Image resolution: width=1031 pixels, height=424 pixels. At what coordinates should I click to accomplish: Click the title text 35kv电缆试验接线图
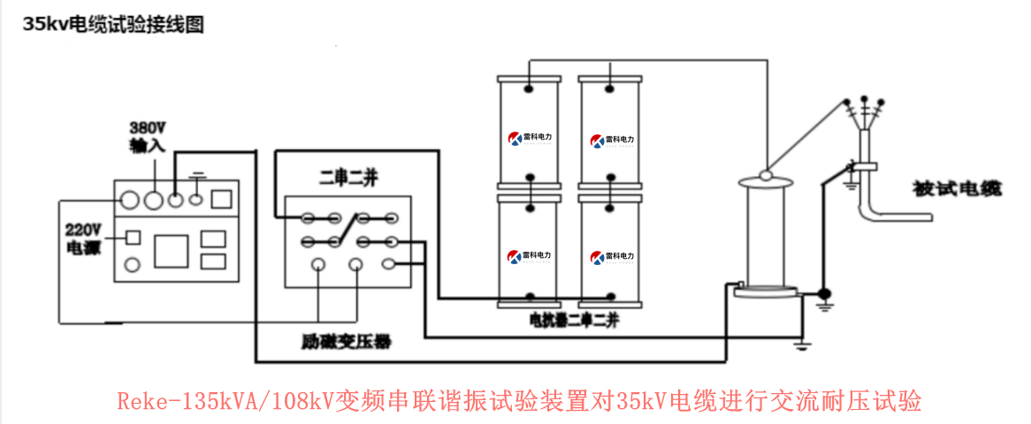tap(114, 26)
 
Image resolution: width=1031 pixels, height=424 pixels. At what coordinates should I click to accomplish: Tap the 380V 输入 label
tap(147, 135)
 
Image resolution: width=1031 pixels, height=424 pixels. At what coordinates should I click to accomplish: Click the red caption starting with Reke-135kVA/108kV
tap(519, 401)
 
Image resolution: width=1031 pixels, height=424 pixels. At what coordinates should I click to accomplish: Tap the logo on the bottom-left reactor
tap(528, 257)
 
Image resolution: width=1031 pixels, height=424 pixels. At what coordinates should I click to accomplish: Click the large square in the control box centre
tap(172, 251)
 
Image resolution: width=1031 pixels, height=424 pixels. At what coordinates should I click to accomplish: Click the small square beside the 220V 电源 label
tap(133, 237)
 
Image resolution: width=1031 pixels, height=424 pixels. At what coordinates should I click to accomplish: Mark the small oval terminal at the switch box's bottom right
tap(388, 263)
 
